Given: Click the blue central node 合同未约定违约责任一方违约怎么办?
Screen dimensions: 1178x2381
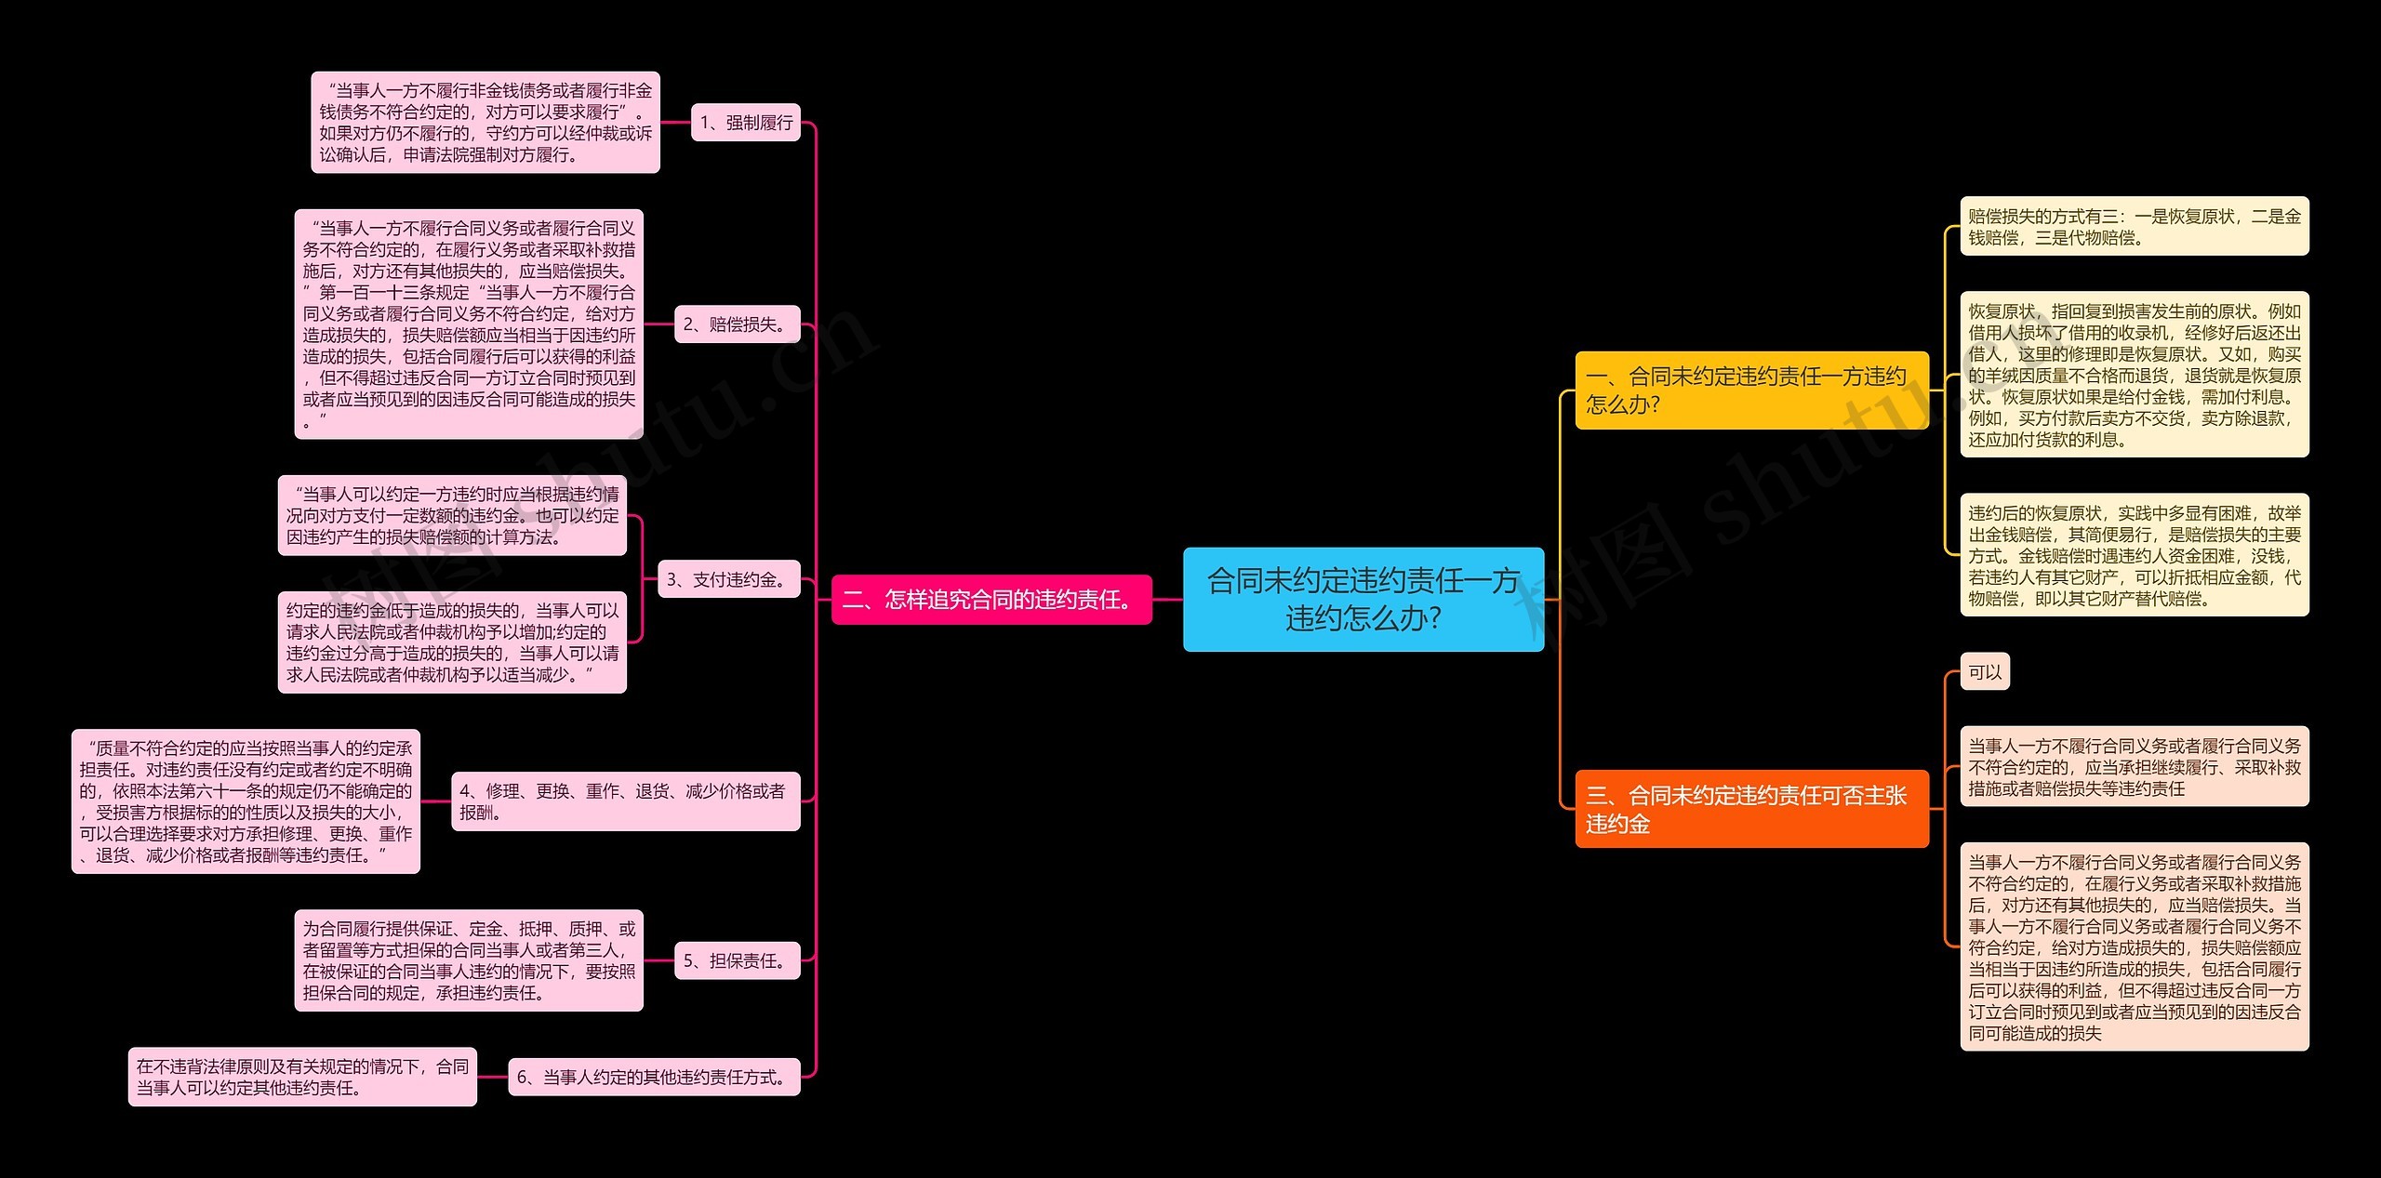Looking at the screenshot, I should pos(1363,599).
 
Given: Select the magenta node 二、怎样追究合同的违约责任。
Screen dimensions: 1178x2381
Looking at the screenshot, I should pos(991,599).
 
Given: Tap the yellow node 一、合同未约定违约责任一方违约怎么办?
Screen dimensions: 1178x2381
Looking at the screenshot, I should pos(1750,390).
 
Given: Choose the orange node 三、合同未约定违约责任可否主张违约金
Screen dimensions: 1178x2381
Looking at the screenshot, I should pos(1750,808).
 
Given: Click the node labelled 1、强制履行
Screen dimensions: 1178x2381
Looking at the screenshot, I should pos(745,122).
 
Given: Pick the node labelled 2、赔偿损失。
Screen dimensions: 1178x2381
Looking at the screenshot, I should pos(737,324).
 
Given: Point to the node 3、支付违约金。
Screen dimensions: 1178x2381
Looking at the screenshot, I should pos(728,579).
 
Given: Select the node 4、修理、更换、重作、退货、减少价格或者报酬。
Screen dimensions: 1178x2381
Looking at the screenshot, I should pos(625,801).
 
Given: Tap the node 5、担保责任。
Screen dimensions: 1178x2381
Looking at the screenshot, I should pos(737,960).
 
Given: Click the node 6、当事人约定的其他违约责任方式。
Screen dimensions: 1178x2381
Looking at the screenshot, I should pos(654,1077).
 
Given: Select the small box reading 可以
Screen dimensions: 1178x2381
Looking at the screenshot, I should pos(1985,671).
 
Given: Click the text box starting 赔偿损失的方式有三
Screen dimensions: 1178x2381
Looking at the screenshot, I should pos(2134,226).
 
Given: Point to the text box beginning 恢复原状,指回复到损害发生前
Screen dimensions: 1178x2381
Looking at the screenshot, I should pos(2134,375).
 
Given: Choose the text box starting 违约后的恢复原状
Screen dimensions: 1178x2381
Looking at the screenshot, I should pos(2134,555).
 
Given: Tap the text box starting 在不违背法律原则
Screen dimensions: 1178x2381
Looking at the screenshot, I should pos(302,1077).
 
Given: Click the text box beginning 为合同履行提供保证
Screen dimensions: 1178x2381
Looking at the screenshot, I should pos(469,960).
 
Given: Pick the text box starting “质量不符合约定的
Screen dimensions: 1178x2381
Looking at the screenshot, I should pos(246,801).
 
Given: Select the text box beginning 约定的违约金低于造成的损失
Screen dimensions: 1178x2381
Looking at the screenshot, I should pos(452,642).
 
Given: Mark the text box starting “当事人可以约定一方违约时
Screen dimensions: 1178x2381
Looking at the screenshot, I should pos(452,515).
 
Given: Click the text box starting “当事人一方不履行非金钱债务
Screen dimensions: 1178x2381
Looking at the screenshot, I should pos(486,122).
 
